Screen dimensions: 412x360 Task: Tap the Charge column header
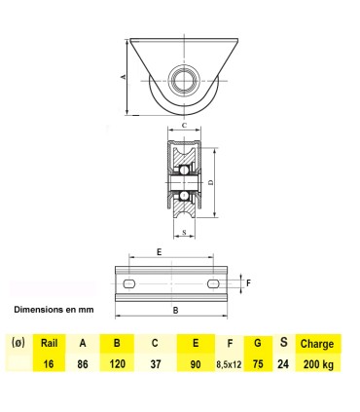(316, 343)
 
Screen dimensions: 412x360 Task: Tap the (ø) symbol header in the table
(17, 343)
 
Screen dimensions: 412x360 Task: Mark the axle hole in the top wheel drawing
(184, 79)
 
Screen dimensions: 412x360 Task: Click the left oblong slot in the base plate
(129, 282)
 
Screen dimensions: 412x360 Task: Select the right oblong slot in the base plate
(213, 282)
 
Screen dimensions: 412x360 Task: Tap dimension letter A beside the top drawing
(123, 76)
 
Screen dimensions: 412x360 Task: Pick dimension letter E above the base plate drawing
(160, 250)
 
